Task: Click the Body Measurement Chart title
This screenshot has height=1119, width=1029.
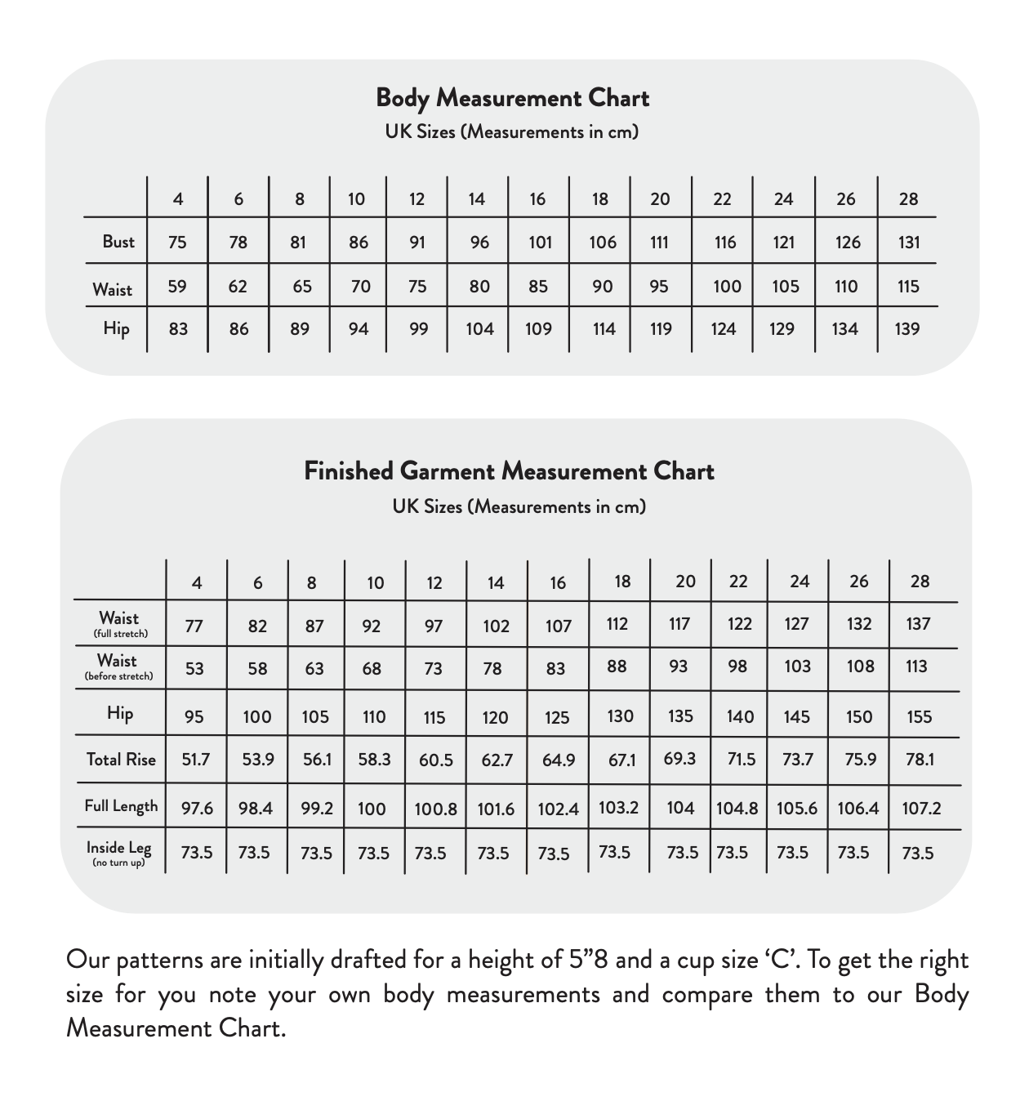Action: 512,98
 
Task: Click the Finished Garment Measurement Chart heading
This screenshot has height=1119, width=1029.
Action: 509,471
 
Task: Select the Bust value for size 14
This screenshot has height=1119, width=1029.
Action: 479,243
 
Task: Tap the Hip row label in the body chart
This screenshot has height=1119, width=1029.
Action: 116,328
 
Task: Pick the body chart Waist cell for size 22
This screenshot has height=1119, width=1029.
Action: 726,287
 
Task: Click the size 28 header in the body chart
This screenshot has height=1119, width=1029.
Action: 908,199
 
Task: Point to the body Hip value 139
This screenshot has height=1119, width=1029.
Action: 906,329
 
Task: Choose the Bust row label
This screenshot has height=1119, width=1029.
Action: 118,242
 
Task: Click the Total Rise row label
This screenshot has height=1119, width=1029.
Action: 121,760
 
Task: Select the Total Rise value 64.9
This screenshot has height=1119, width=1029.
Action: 559,760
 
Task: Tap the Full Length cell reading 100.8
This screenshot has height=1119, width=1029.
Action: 435,809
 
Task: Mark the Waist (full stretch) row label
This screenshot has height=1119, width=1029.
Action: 119,623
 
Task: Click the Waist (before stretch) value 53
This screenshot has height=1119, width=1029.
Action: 194,669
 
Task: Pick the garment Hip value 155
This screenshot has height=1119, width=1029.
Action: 919,717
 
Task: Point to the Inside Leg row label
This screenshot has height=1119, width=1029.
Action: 119,852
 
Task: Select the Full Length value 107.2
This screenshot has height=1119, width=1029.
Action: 921,809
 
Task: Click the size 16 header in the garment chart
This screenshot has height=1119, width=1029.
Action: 558,583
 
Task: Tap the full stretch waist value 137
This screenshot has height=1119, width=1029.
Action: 918,624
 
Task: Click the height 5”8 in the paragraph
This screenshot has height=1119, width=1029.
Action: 587,960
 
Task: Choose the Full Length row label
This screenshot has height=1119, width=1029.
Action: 121,806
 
